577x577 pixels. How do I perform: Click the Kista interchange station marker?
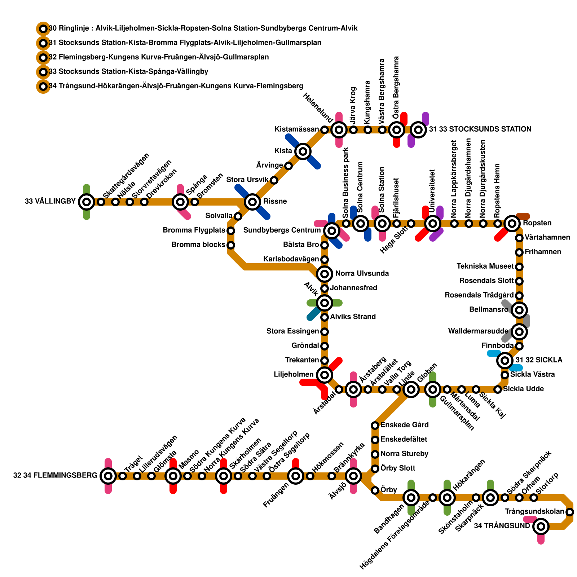pyautogui.click(x=303, y=151)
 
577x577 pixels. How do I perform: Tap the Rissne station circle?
pyautogui.click(x=252, y=202)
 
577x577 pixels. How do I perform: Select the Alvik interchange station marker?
pyautogui.click(x=325, y=303)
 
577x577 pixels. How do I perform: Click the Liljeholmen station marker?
pyautogui.click(x=325, y=375)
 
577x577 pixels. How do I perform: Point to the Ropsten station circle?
pyautogui.click(x=512, y=224)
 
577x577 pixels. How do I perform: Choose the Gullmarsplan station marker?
pyautogui.click(x=433, y=389)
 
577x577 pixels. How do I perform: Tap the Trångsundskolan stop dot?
pyautogui.click(x=570, y=512)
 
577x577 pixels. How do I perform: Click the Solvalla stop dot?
pyautogui.click(x=238, y=216)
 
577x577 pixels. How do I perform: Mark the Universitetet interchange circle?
pyautogui.click(x=433, y=224)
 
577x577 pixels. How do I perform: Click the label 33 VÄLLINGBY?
pyautogui.click(x=50, y=202)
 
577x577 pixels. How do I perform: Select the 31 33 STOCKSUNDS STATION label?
pyautogui.click(x=480, y=129)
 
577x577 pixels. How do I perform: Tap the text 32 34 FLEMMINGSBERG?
pyautogui.click(x=55, y=476)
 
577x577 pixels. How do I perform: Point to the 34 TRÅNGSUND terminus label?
pyautogui.click(x=502, y=526)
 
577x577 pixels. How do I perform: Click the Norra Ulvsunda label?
pyautogui.click(x=362, y=274)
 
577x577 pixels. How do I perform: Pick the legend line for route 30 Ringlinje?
pyautogui.click(x=203, y=28)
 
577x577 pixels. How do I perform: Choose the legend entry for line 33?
pyautogui.click(x=128, y=72)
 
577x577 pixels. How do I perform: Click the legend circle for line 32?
pyautogui.click(x=43, y=57)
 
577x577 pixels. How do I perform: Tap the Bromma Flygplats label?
pyautogui.click(x=194, y=230)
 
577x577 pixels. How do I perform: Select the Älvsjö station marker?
pyautogui.click(x=353, y=476)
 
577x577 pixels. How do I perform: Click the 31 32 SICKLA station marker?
pyautogui.click(x=505, y=360)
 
